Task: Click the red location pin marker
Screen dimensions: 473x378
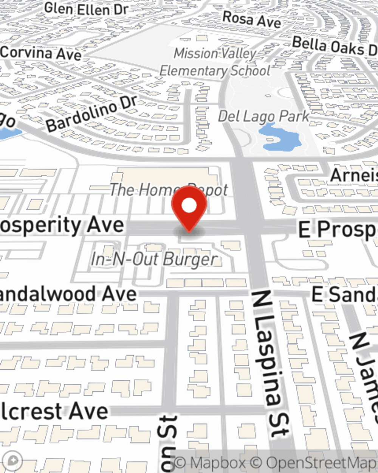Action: (x=189, y=206)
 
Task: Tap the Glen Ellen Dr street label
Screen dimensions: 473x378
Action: (x=86, y=9)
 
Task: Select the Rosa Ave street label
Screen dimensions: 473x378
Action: (x=251, y=20)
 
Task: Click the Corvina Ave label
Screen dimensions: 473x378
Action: (x=41, y=53)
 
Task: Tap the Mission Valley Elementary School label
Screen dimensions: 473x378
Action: (x=215, y=62)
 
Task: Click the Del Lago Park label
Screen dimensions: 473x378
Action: (x=263, y=116)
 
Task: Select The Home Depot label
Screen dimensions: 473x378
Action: (x=169, y=190)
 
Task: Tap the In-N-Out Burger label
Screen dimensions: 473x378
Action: (x=154, y=260)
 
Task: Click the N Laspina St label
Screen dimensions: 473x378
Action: (x=271, y=363)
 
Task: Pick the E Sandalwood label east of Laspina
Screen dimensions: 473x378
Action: (x=344, y=294)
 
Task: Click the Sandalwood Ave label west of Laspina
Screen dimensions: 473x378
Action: (x=68, y=294)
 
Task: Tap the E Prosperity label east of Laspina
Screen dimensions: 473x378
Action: (x=338, y=229)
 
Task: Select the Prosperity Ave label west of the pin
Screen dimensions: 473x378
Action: (x=62, y=226)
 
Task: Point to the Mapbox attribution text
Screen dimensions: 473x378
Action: (x=210, y=463)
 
